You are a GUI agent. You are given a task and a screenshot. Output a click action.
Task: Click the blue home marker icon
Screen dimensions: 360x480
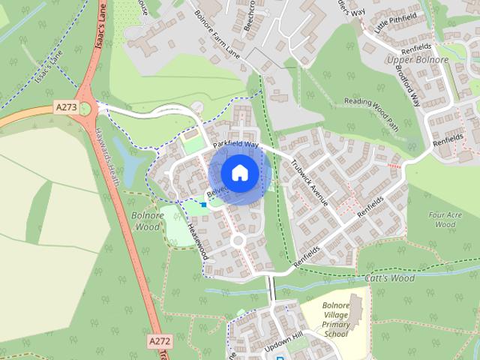point(238,172)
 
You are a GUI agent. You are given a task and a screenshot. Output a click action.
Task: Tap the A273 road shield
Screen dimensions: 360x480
point(66,108)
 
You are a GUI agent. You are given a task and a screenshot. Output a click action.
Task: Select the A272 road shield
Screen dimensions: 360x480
point(159,340)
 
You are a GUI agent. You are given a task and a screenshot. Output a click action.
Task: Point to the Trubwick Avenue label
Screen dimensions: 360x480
point(310,182)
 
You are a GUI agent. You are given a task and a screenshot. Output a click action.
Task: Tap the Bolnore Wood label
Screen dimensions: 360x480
point(146,220)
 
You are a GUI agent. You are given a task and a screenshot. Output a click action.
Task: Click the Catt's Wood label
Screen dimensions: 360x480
point(389,278)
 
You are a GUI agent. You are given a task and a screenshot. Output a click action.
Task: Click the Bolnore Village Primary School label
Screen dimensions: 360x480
point(335,320)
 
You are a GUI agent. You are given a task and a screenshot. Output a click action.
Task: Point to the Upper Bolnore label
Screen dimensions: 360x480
point(417,60)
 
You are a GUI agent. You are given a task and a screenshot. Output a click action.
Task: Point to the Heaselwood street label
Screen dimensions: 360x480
point(198,241)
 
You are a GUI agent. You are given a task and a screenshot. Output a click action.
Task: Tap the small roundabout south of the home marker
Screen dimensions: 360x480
point(238,241)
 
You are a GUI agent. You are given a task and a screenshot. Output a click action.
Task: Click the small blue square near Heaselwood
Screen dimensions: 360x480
point(203,204)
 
